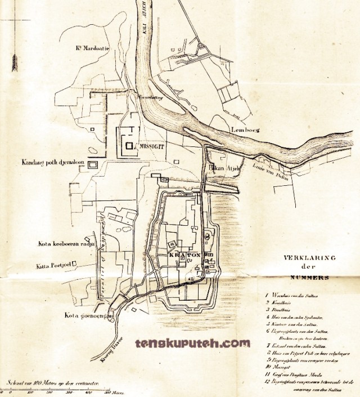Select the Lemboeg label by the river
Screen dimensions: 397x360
click(244, 130)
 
